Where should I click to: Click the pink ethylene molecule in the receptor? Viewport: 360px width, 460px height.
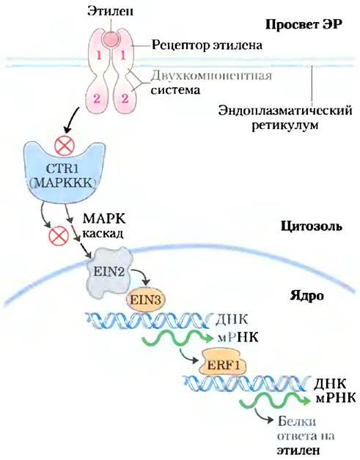pyautogui.click(x=111, y=39)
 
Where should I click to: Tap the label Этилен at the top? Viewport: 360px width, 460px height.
pyautogui.click(x=111, y=11)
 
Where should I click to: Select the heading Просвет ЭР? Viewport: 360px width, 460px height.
pyautogui.click(x=304, y=25)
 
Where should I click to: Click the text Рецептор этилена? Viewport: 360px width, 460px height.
pyautogui.click(x=207, y=45)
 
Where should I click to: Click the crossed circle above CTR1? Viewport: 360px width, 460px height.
pyautogui.click(x=65, y=145)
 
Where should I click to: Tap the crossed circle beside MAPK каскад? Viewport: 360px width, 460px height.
pyautogui.click(x=59, y=235)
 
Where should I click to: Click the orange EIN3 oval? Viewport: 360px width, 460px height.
pyautogui.click(x=145, y=300)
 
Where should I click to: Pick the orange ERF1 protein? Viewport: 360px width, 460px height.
pyautogui.click(x=223, y=365)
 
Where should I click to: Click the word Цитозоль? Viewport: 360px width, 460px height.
pyautogui.click(x=312, y=226)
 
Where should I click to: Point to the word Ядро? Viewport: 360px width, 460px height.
pyautogui.click(x=307, y=296)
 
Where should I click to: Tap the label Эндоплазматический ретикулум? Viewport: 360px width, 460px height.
pyautogui.click(x=284, y=118)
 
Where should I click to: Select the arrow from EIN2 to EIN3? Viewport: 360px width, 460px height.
pyautogui.click(x=142, y=275)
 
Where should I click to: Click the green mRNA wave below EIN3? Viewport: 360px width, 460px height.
pyautogui.click(x=177, y=339)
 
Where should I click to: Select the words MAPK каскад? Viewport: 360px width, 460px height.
pyautogui.click(x=104, y=226)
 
